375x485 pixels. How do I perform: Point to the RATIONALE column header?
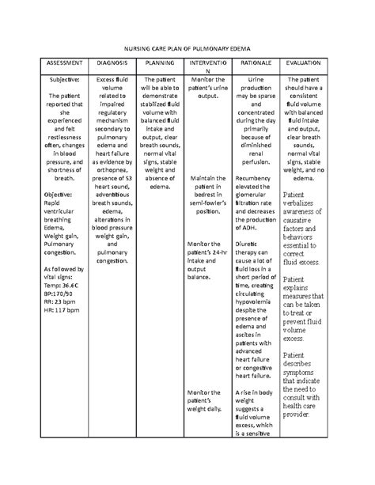(256, 63)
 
